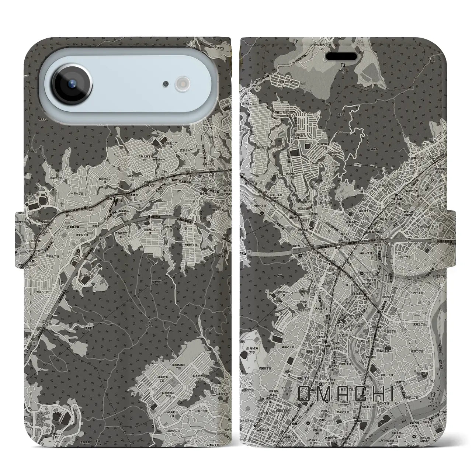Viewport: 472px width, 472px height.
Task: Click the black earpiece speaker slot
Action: coord(343,56)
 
